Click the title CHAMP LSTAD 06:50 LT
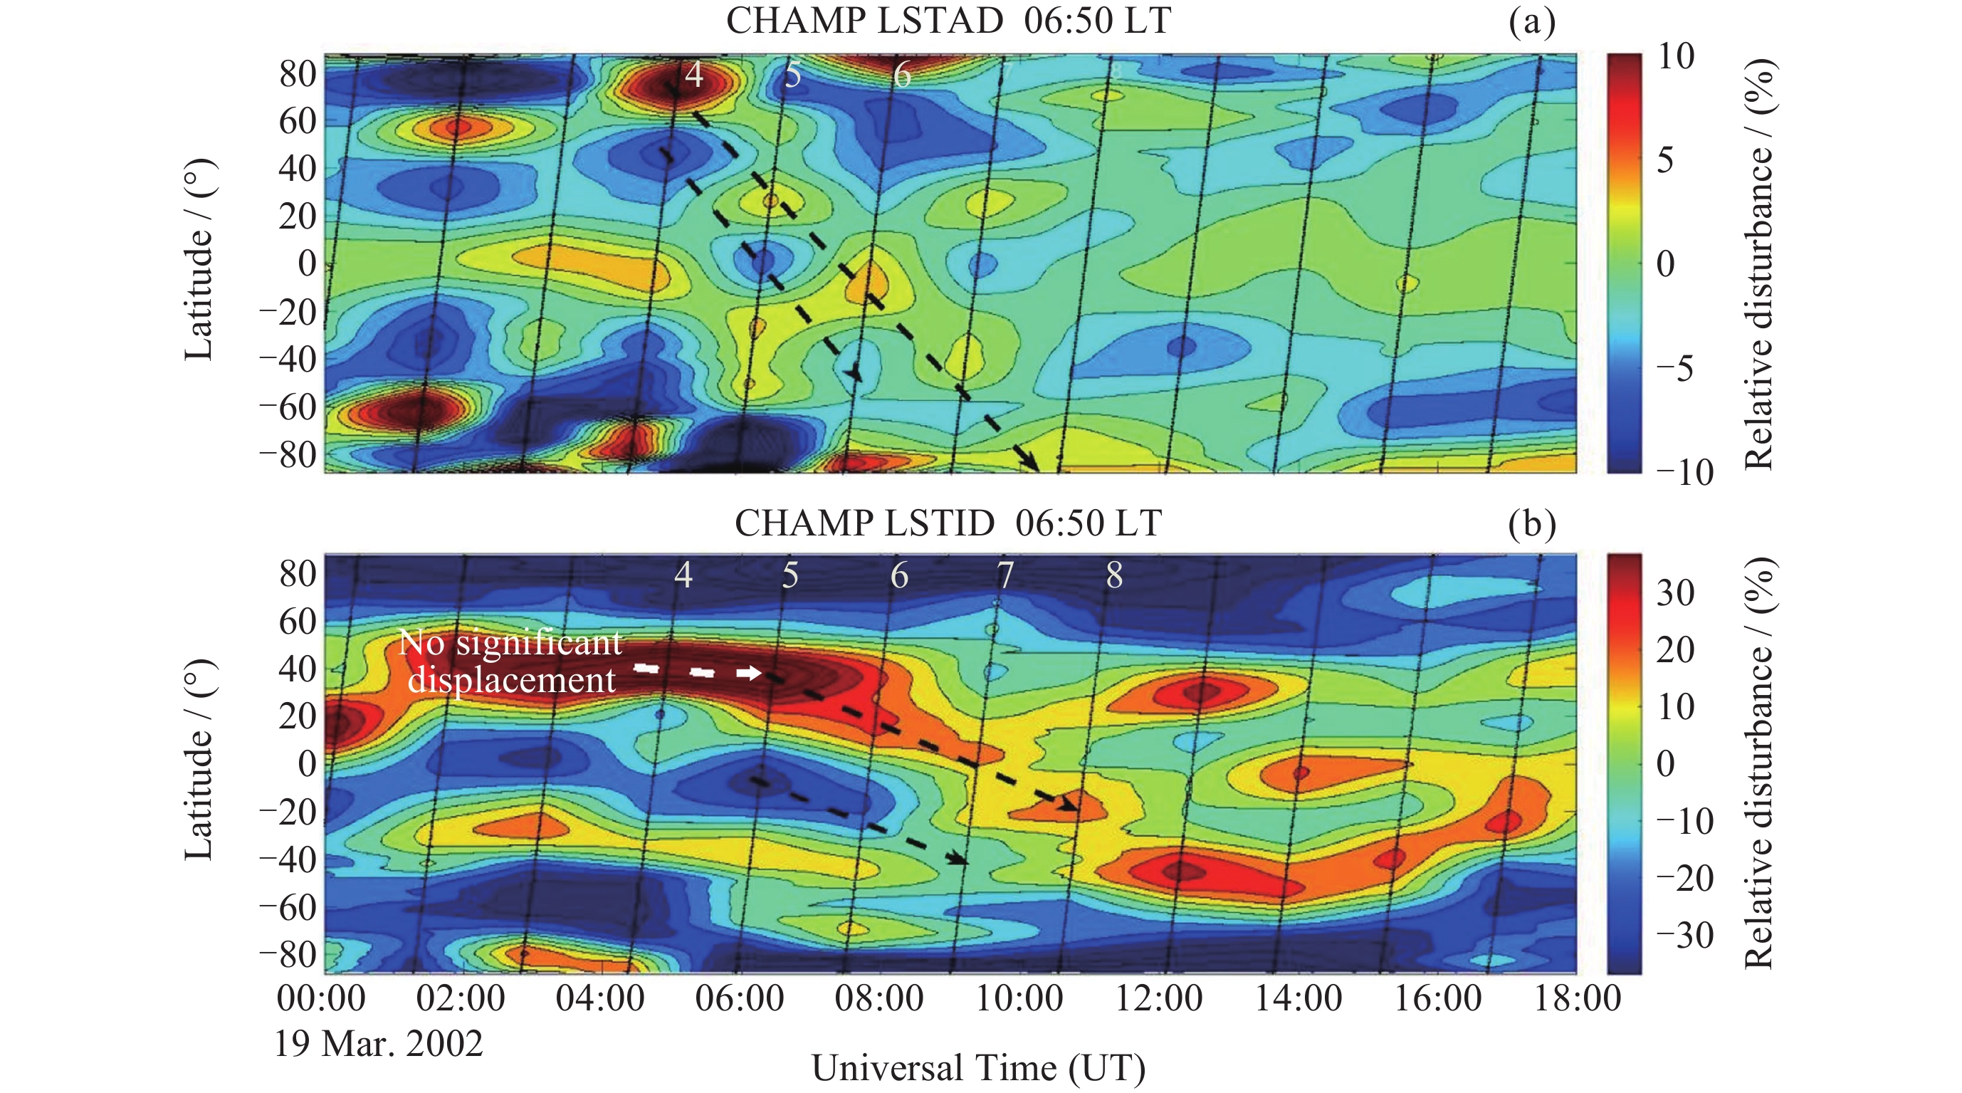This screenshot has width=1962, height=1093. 948,21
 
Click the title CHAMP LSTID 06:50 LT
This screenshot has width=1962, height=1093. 948,523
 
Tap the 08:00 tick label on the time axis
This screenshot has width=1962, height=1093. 879,998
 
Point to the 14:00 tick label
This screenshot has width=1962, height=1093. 1298,998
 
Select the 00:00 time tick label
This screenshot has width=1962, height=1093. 321,998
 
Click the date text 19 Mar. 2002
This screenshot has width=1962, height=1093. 379,1043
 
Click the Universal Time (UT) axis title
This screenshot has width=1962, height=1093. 978,1068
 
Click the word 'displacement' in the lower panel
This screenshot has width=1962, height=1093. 511,680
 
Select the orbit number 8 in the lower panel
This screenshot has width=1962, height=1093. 1114,576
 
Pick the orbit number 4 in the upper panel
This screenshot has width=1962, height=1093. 693,75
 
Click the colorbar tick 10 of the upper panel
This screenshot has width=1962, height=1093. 1676,56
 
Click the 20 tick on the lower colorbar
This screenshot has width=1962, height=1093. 1676,649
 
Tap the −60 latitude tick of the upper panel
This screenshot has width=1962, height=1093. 287,407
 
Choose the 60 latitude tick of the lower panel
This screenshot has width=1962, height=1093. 298,622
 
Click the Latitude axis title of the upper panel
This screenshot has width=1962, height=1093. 199,260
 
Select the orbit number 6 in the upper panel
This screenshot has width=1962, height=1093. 902,75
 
